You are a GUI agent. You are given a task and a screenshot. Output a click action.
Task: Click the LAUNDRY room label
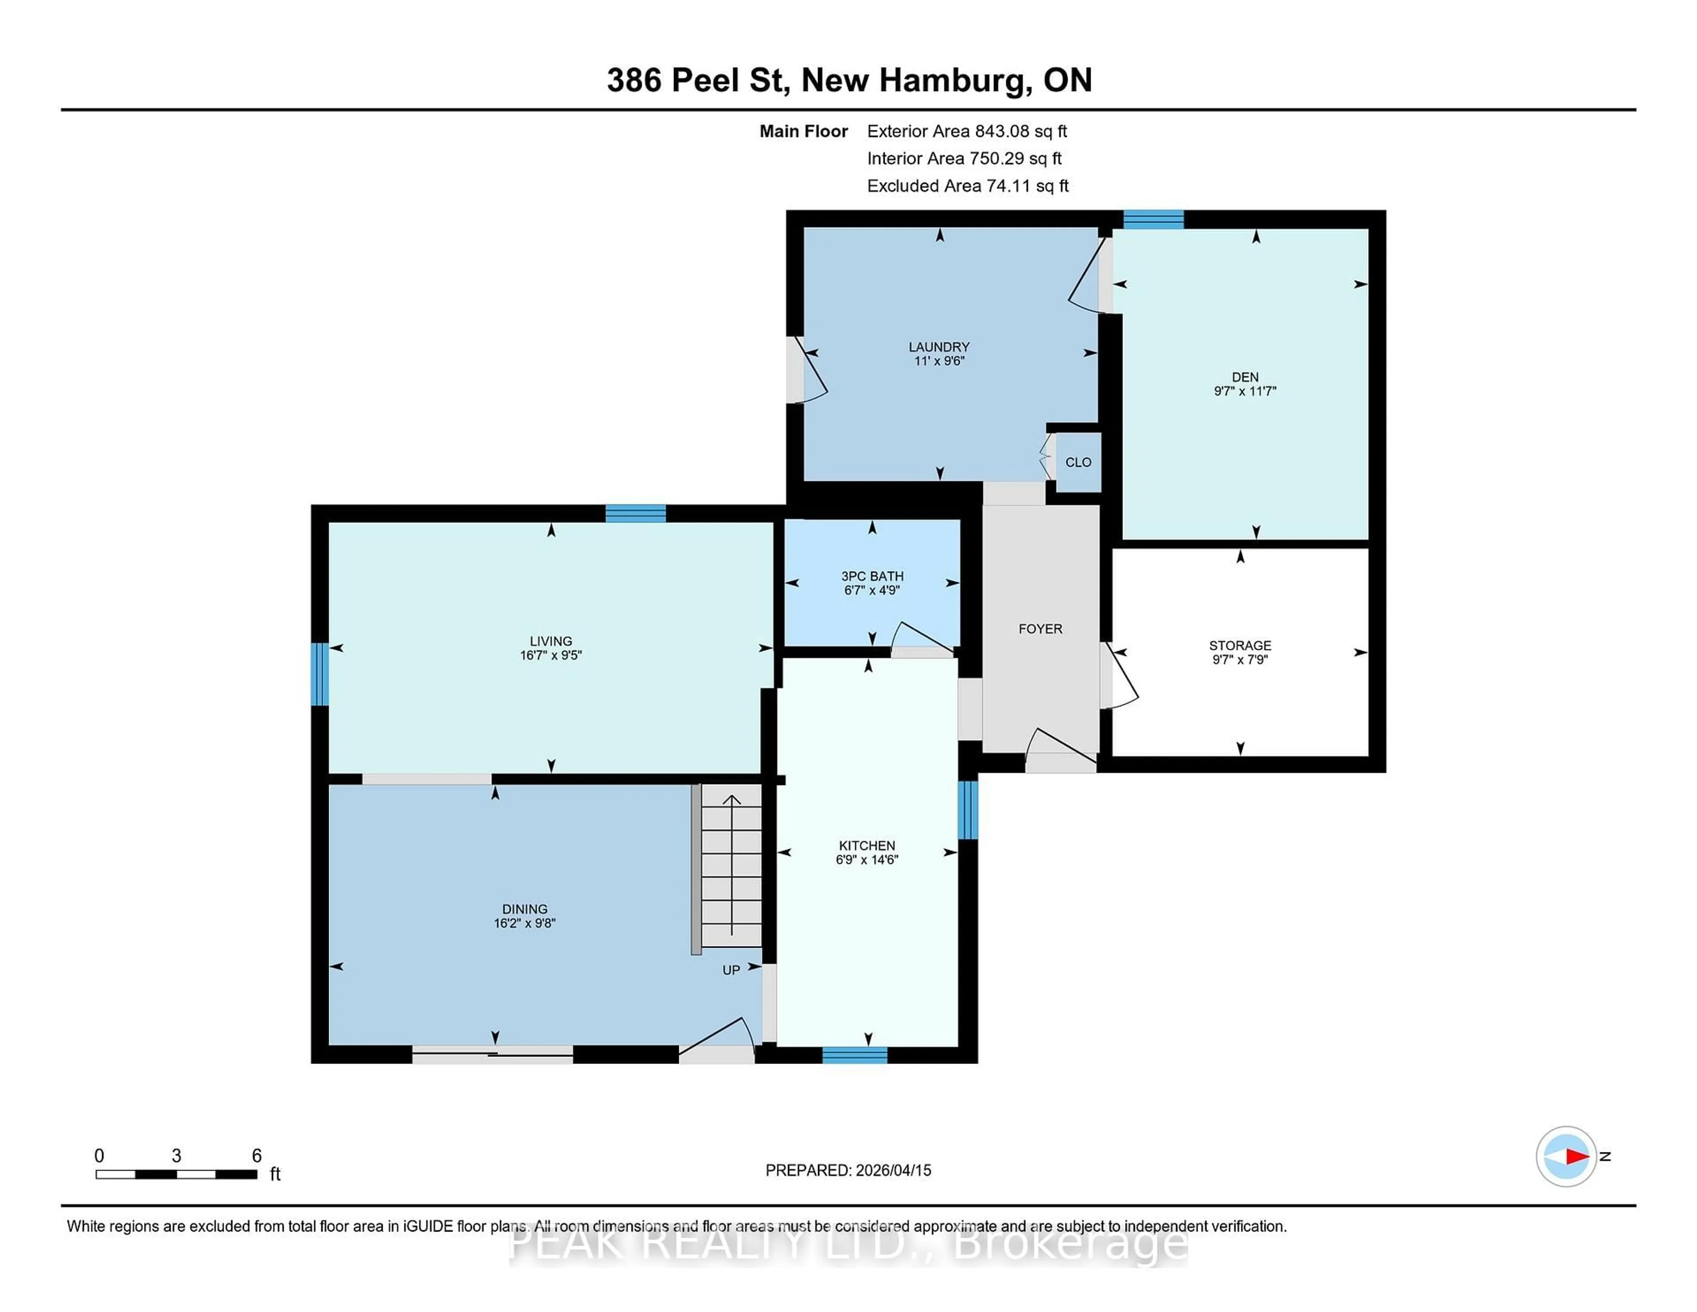939,347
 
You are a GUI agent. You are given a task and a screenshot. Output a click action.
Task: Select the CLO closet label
1078,462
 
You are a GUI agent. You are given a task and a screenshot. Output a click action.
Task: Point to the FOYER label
1040,629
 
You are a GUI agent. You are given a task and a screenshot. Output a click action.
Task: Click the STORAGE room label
1239,645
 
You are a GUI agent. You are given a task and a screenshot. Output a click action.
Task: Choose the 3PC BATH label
872,576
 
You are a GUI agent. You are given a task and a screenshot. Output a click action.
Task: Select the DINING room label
525,908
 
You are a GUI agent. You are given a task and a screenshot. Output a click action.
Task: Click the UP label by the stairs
731,970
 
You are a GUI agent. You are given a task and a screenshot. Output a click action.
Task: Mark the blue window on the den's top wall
1153,219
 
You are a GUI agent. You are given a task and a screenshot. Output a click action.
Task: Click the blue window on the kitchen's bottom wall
855,1055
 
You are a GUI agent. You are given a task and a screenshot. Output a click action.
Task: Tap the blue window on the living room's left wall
320,674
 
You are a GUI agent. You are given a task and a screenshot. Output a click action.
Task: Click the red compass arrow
1576,1156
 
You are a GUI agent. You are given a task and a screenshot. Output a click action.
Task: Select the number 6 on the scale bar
256,1156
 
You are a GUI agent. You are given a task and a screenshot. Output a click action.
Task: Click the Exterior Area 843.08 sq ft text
966,131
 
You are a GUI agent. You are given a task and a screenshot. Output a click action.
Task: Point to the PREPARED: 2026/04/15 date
848,1170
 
